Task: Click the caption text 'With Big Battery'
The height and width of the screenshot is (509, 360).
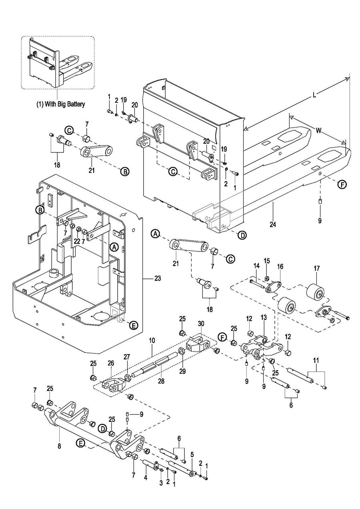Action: coord(65,104)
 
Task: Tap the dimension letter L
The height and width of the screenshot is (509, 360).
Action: coord(314,95)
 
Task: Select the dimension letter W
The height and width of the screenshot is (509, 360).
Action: coord(319,130)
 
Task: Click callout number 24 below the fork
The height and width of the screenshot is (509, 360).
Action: coord(273,224)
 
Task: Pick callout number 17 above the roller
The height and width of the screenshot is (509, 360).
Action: coord(316,269)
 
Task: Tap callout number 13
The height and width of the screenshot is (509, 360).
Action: coord(264,317)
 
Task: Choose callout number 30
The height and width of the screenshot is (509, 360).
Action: coord(201,323)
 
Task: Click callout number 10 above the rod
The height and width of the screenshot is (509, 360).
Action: coord(152,341)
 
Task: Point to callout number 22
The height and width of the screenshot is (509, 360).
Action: coord(77,241)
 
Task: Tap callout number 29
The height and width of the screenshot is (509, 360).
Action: coord(182,371)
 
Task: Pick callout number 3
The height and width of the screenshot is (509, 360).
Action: coord(161,483)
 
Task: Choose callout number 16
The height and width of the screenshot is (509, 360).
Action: coord(280,267)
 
